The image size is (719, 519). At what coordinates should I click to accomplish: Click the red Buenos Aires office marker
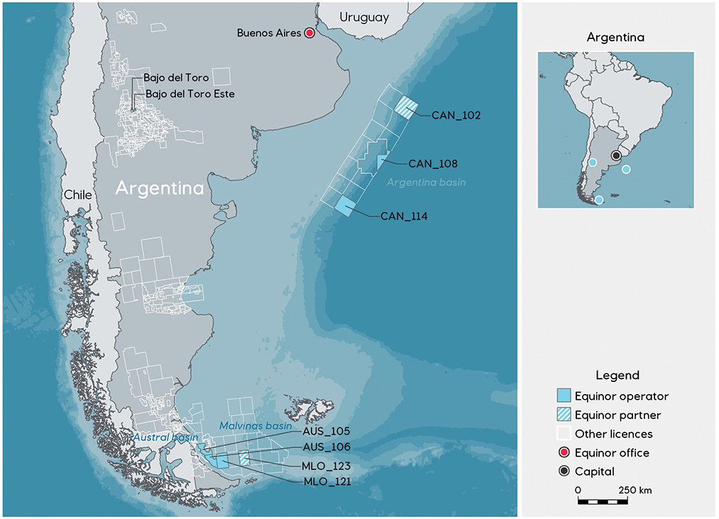pos(309,33)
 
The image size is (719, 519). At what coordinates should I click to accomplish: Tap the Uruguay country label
pos(364,17)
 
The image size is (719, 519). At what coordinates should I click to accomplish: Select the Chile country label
pos(77,195)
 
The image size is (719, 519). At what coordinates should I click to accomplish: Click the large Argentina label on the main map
pos(160,189)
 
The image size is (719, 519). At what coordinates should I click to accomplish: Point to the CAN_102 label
pos(456,114)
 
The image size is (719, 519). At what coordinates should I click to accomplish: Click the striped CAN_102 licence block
pos(407,107)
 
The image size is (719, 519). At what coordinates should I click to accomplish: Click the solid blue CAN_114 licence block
pos(344,206)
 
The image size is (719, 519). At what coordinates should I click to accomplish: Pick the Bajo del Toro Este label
pos(190,93)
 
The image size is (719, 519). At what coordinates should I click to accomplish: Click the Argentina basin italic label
pos(426,182)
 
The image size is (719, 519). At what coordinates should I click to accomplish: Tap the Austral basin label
pos(165,437)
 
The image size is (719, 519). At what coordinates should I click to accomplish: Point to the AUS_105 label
pos(326,431)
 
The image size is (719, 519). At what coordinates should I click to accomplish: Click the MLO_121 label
pos(326,481)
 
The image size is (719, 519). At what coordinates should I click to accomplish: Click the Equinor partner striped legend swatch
pos(564,415)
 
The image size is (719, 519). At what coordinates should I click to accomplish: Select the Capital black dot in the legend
pos(564,471)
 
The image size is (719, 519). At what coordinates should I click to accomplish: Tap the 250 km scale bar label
pos(635,491)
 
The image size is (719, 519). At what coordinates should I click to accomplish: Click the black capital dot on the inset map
pos(616,155)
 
